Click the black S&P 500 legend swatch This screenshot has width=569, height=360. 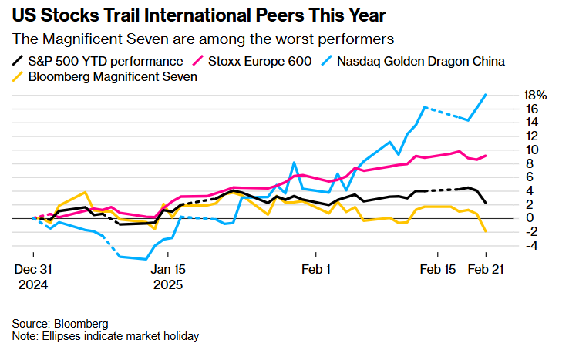click(19, 62)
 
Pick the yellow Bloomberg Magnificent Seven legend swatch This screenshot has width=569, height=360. click(19, 77)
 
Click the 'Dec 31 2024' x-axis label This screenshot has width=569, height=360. click(34, 277)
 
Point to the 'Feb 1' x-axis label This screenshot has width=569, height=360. click(315, 270)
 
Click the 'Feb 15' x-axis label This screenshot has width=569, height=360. click(437, 270)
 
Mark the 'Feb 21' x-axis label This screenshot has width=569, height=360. click(486, 270)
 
